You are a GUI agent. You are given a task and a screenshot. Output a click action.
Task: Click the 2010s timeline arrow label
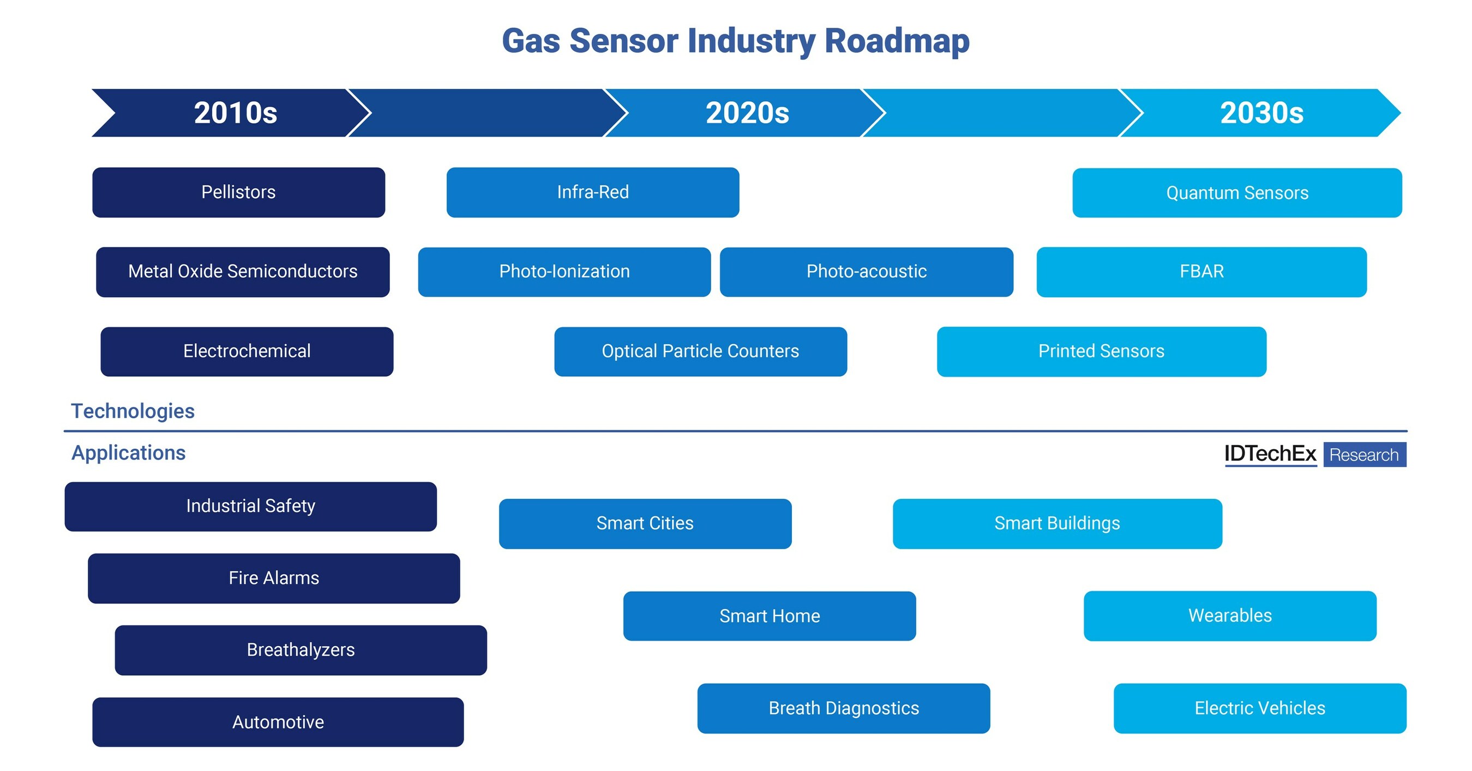(x=235, y=112)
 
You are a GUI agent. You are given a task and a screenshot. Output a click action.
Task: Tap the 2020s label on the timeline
(x=747, y=112)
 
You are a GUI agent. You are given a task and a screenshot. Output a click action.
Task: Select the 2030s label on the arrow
(x=1261, y=112)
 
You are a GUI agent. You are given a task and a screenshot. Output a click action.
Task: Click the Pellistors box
(x=238, y=192)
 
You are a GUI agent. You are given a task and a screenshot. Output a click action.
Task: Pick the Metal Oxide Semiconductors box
(x=242, y=272)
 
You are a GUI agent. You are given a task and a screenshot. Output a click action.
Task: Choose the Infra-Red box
(x=593, y=192)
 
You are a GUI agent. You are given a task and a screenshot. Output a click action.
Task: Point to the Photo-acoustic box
(x=866, y=272)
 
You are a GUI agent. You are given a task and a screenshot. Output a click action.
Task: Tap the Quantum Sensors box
(x=1236, y=192)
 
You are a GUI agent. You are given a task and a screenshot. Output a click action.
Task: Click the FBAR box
(x=1201, y=272)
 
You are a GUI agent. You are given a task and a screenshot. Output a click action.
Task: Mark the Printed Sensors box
(x=1101, y=351)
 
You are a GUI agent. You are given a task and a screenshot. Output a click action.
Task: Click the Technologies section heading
(x=133, y=411)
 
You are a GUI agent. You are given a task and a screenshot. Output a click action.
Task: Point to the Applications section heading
(x=128, y=453)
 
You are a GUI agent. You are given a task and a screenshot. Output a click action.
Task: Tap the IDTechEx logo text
(x=1270, y=454)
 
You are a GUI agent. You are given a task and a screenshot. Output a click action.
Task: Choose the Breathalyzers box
(x=301, y=649)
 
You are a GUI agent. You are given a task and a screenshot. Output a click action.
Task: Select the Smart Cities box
(x=645, y=523)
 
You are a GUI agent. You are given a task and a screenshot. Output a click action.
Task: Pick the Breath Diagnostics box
(x=843, y=708)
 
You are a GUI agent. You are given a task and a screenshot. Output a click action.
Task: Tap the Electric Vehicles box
(x=1259, y=708)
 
